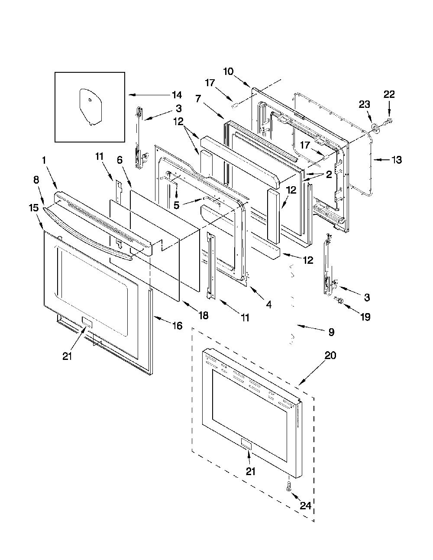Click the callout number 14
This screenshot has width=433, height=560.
[176, 95]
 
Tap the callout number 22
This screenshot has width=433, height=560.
[389, 94]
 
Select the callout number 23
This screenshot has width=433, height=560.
[365, 104]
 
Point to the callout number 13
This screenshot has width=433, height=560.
[397, 160]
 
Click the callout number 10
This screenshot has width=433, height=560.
[228, 71]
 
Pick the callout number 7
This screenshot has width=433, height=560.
[198, 98]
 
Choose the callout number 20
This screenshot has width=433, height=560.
[330, 356]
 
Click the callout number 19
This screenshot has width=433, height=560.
[365, 317]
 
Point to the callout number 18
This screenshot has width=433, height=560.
[204, 315]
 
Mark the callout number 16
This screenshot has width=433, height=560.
[178, 326]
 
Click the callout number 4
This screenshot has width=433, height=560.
[268, 305]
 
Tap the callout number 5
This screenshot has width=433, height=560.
[176, 205]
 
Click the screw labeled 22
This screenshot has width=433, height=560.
[387, 121]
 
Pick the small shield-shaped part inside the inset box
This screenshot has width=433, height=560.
[90, 107]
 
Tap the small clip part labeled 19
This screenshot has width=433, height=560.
[339, 301]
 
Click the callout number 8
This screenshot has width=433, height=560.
[36, 180]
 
